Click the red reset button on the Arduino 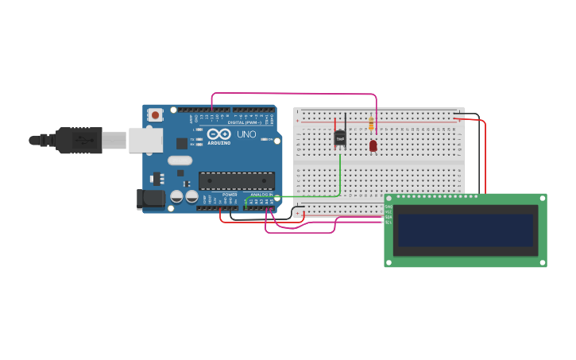[x=156, y=114]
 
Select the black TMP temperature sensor [x=340, y=137]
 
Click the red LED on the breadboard [x=373, y=145]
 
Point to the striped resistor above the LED [x=371, y=124]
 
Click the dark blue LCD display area [x=466, y=230]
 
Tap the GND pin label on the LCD [x=389, y=207]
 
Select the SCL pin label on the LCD [x=389, y=223]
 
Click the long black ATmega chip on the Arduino [x=237, y=180]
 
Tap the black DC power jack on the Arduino [x=151, y=199]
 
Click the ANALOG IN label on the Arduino [x=261, y=194]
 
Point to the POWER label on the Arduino [x=230, y=194]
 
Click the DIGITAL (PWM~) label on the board [x=242, y=122]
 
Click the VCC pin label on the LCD [x=389, y=212]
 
